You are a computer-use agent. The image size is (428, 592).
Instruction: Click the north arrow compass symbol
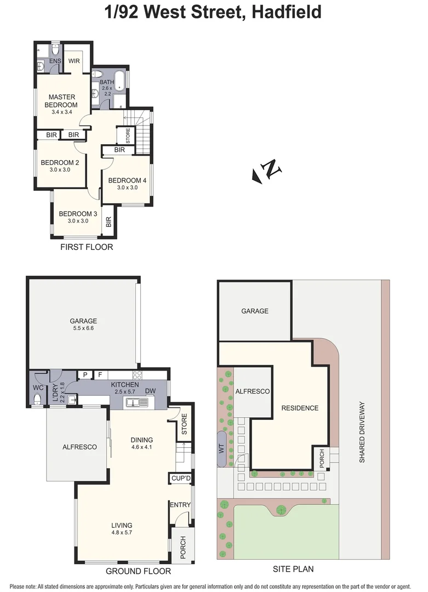pyautogui.click(x=267, y=171)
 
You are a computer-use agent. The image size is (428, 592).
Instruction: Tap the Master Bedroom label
pyautogui.click(x=61, y=101)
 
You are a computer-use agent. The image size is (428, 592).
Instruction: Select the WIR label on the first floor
pyautogui.click(x=74, y=61)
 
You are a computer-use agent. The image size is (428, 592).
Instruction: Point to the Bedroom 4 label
pyautogui.click(x=127, y=180)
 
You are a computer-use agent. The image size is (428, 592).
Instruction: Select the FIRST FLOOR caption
pyautogui.click(x=87, y=247)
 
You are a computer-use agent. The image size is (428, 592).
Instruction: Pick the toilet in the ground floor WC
pyautogui.click(x=37, y=399)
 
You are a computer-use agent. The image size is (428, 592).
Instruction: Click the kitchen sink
pyautogui.click(x=136, y=403)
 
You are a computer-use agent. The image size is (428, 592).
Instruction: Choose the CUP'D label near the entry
pyautogui.click(x=180, y=479)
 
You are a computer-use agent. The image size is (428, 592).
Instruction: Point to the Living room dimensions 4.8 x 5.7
pyautogui.click(x=122, y=532)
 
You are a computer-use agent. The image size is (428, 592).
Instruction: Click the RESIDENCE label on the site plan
pyautogui.click(x=300, y=408)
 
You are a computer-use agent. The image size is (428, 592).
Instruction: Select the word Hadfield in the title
pyautogui.click(x=286, y=11)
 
